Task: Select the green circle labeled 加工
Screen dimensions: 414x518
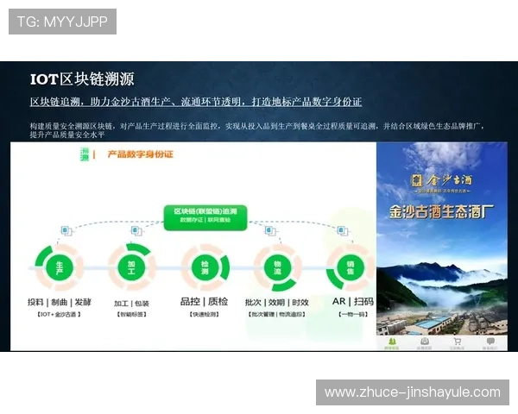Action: [x=130, y=267]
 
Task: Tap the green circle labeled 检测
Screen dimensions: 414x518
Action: [x=205, y=267]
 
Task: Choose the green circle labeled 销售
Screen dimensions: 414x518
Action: [x=351, y=267]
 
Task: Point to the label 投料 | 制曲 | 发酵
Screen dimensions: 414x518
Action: [x=59, y=302]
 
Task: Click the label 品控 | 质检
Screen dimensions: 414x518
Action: [x=204, y=302]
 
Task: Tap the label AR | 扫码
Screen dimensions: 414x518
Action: [x=353, y=302]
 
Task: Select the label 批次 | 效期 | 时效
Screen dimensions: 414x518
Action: [x=277, y=302]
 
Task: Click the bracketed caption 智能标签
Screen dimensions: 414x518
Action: [x=131, y=316]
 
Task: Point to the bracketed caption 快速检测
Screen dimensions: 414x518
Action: [x=204, y=316]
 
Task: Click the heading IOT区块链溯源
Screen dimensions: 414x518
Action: [x=81, y=79]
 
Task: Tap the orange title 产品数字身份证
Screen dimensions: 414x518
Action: [x=139, y=154]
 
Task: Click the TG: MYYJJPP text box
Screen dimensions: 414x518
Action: [x=62, y=22]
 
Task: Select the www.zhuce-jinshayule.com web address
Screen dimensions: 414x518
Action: [x=412, y=392]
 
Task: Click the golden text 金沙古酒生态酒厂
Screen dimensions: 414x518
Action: [x=441, y=208]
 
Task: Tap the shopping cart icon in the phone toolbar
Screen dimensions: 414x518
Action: [x=458, y=342]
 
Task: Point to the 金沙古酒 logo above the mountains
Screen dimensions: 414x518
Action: [x=441, y=179]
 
